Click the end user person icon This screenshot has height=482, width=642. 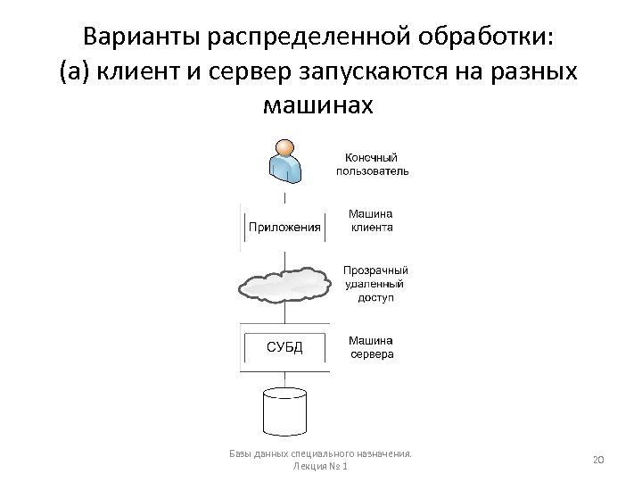(x=285, y=161)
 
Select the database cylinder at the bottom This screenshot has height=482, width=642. (x=284, y=410)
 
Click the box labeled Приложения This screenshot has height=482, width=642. (x=284, y=227)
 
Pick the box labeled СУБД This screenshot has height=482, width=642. (x=284, y=347)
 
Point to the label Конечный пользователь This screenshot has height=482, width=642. (x=372, y=163)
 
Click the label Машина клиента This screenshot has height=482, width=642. (x=370, y=220)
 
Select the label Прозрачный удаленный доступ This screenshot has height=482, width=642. (x=375, y=283)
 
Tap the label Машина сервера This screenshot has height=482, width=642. (x=370, y=346)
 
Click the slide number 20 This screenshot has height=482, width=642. (x=598, y=459)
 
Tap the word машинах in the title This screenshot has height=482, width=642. (x=320, y=105)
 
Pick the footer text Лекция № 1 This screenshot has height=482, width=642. (x=320, y=466)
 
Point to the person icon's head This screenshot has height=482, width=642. (x=285, y=147)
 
